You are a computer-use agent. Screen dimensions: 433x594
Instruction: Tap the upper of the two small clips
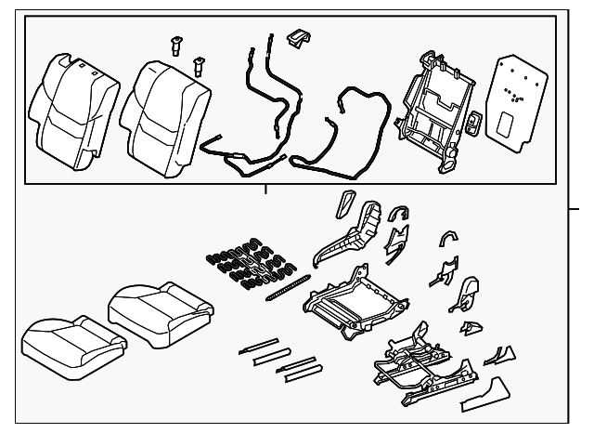[x=177, y=44]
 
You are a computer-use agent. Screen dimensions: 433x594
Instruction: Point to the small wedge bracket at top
[x=299, y=36]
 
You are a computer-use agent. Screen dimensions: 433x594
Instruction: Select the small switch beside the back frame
[x=473, y=125]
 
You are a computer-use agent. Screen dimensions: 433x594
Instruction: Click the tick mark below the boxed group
[x=265, y=190]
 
